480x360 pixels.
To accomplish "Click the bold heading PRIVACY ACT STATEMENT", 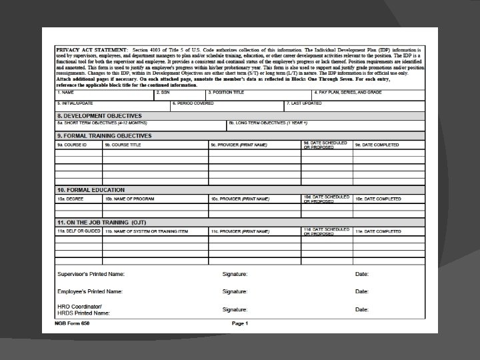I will tap(81, 50).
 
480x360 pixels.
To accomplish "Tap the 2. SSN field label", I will tap(163, 92).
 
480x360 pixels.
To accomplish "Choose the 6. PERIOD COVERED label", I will tap(193, 103).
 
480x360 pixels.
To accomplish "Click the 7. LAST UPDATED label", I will tap(305, 103).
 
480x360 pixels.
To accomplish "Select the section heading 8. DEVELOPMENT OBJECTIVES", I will tap(99, 115).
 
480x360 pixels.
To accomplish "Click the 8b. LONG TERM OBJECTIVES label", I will tap(267, 123).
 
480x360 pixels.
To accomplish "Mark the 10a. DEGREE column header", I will tap(70, 199).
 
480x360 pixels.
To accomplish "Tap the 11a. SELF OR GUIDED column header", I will tap(79, 231).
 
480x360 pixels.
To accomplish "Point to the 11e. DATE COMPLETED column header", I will tap(378, 231).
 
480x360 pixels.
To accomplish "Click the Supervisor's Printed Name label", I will tap(91, 274).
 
